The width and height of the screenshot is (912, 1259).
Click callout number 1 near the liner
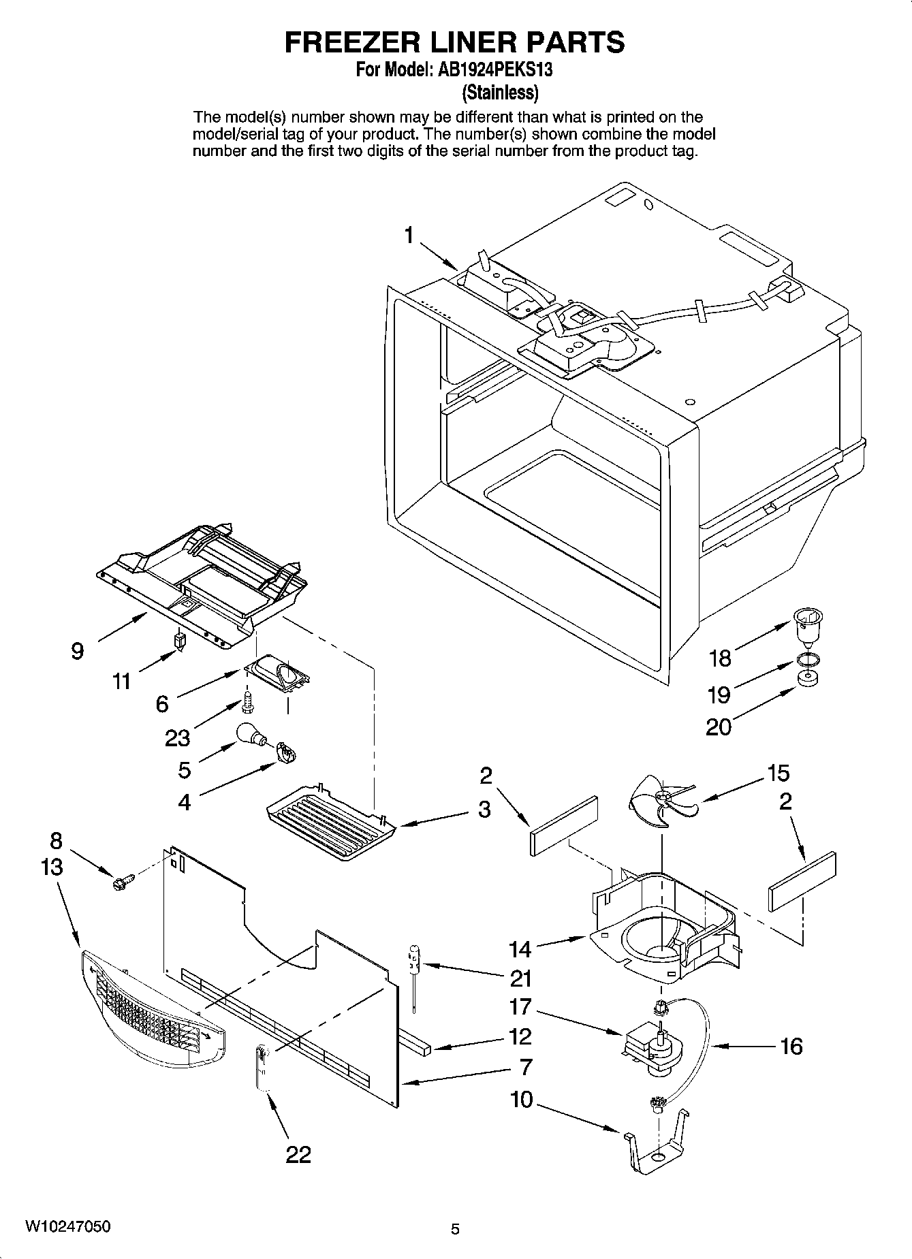pyautogui.click(x=409, y=236)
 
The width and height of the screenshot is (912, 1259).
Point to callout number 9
pyautogui.click(x=78, y=651)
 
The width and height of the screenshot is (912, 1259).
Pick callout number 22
pyautogui.click(x=298, y=1153)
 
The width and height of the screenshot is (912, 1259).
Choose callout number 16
pyautogui.click(x=791, y=1045)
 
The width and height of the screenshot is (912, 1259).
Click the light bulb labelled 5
pyautogui.click(x=250, y=735)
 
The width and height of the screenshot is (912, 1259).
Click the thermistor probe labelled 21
pyautogui.click(x=413, y=970)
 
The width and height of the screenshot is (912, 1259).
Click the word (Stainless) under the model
pyautogui.click(x=501, y=91)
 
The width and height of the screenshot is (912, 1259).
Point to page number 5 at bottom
pyautogui.click(x=456, y=1229)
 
